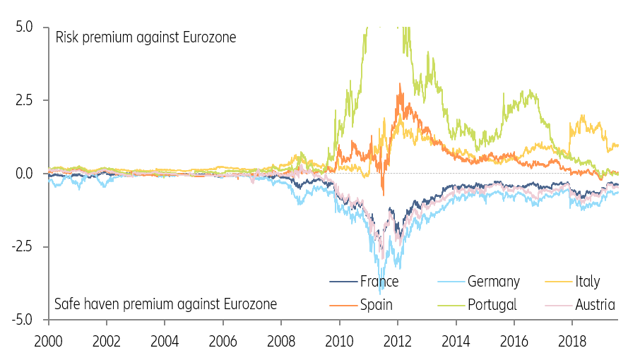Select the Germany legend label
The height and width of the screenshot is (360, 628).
click(x=493, y=282)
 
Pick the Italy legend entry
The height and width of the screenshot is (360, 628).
click(x=586, y=282)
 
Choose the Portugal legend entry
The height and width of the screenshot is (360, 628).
click(x=492, y=305)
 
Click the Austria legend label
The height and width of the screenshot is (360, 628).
click(x=594, y=305)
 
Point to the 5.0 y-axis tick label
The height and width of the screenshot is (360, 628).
click(x=23, y=27)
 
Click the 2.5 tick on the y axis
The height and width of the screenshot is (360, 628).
click(x=23, y=100)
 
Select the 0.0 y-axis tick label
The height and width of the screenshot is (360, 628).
click(x=23, y=174)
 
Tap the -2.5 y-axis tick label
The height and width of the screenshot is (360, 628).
click(x=20, y=247)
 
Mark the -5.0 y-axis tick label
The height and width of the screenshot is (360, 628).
click(x=20, y=320)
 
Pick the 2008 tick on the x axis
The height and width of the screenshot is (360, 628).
click(x=281, y=340)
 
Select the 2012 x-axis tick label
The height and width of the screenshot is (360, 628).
click(x=397, y=340)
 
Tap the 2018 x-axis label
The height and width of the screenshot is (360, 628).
click(x=571, y=340)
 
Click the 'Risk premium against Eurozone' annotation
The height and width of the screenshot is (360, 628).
click(x=146, y=37)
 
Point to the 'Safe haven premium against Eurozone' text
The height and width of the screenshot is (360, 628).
click(x=165, y=305)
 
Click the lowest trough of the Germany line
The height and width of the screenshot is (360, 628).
click(x=381, y=292)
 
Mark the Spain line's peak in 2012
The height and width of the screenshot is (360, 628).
click(x=401, y=84)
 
